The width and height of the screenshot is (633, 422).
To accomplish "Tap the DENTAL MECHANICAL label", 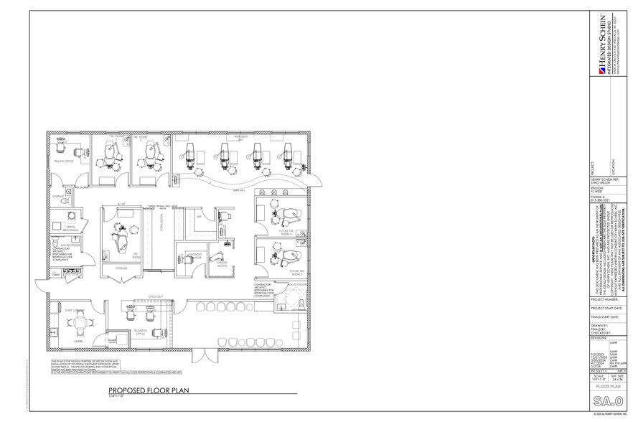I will point(70,228).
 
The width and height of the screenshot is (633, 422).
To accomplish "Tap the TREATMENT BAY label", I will point(239,136).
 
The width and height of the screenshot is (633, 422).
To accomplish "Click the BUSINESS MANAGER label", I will point(194,256).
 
